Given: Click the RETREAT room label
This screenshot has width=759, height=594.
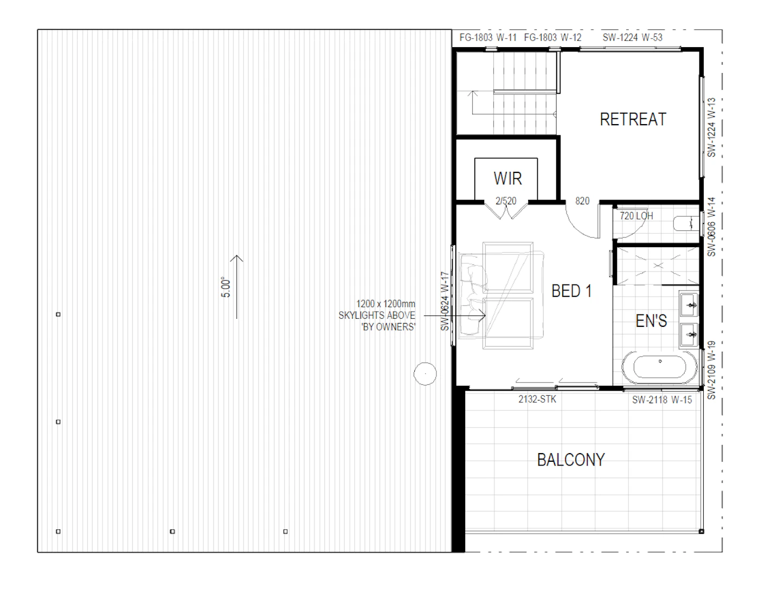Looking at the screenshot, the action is (x=633, y=119).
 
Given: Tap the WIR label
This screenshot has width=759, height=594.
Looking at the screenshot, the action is (x=508, y=178).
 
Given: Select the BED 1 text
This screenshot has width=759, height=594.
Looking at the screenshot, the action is (x=571, y=290).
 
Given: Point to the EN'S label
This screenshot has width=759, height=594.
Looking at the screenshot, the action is (x=651, y=321).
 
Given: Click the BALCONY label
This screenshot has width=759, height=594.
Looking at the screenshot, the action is (x=571, y=460).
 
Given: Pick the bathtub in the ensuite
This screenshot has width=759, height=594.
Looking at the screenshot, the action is (x=659, y=367).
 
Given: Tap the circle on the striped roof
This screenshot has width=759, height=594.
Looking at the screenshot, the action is (x=425, y=374).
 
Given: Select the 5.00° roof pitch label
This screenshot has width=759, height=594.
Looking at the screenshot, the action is (x=226, y=288).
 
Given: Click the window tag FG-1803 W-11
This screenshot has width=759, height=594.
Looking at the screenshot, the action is (x=487, y=37).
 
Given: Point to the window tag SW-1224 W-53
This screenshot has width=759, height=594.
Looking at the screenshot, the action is (x=632, y=37).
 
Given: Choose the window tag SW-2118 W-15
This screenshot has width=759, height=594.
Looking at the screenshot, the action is (x=662, y=400).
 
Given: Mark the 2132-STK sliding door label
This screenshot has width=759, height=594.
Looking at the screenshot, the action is (x=537, y=399).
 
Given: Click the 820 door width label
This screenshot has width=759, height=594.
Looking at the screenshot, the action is (x=582, y=201).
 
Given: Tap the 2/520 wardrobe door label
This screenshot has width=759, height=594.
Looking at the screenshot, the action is (x=506, y=201).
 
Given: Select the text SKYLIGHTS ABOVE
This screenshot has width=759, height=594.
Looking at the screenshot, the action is (x=377, y=315).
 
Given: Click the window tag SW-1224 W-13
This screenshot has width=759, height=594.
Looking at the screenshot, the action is (x=711, y=127).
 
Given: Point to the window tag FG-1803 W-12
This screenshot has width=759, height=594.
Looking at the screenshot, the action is (x=552, y=37).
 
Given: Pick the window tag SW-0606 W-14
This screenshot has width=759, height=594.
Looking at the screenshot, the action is (x=711, y=227).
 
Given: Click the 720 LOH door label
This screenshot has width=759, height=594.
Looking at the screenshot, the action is (x=636, y=216).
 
